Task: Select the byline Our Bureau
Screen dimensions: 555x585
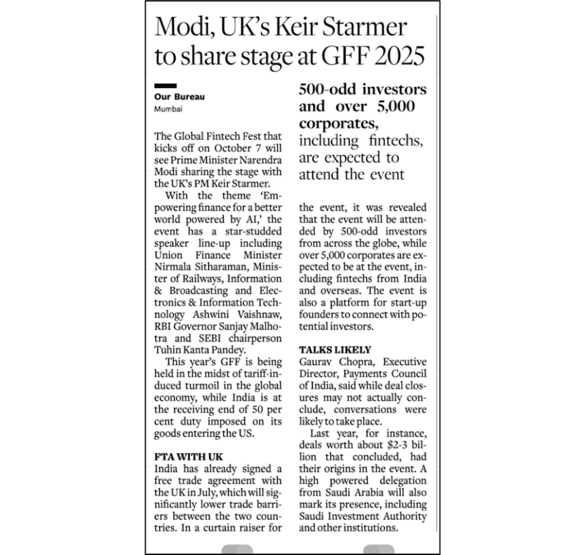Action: click(x=179, y=97)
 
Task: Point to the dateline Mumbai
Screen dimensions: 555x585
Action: click(x=167, y=109)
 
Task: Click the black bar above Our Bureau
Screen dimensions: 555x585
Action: click(x=165, y=86)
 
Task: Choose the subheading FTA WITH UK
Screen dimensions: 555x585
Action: click(x=189, y=457)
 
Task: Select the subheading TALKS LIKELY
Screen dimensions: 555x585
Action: click(x=335, y=349)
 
